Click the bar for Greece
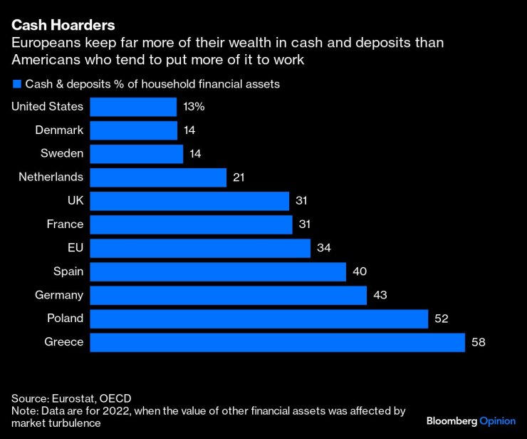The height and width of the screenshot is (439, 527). coord(278,342)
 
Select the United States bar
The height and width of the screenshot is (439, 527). coord(134,107)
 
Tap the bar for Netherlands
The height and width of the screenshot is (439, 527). coord(158,177)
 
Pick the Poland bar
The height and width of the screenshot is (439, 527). coord(259,319)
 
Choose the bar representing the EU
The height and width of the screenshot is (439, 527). coord(200,248)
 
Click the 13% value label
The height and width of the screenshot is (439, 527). coord(194,107)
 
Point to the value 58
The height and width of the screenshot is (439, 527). coord(478,342)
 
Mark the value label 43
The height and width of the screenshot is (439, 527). coord(380,295)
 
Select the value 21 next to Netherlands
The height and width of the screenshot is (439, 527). coord(239,177)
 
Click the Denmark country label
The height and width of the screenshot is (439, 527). coord(60,130)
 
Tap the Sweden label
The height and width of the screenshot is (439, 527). coord(63,154)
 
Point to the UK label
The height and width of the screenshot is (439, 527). coord(75,201)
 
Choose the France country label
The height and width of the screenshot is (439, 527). coord(65,224)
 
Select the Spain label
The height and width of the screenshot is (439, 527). coord(68,272)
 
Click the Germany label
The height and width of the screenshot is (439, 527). coord(60,295)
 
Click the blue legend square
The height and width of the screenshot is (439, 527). coord(16,84)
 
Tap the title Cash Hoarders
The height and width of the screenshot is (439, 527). coord(63,25)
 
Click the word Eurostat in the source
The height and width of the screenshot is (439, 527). coord(75,398)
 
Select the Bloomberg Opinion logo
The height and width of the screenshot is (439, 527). coord(470,420)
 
